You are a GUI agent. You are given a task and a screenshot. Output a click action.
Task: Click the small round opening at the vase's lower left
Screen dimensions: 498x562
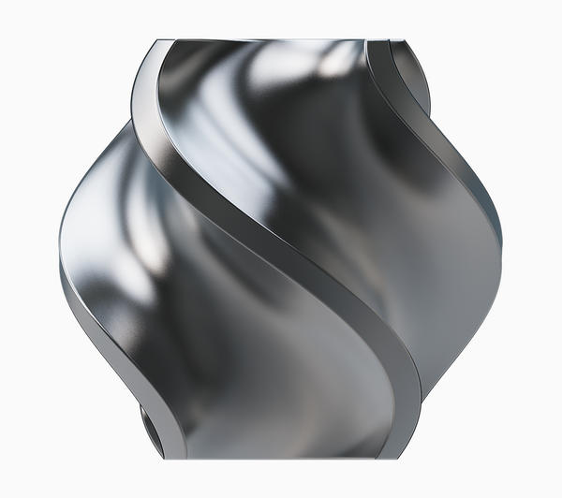tap(151, 427)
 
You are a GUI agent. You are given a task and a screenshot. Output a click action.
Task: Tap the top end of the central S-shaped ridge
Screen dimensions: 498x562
tap(155, 47)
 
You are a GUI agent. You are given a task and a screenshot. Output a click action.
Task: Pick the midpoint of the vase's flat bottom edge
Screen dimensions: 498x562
tap(281, 458)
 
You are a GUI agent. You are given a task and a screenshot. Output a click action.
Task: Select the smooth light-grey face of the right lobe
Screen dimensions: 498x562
tap(459, 281)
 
